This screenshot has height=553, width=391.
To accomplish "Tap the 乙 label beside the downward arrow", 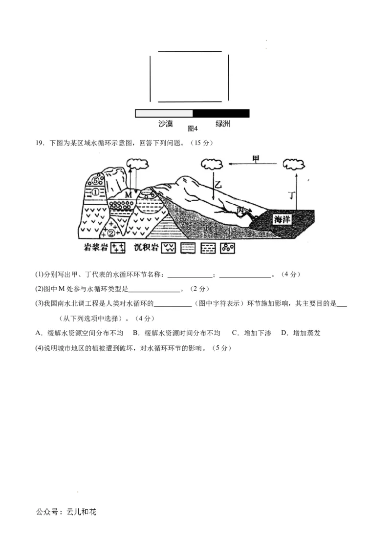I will point(218,184).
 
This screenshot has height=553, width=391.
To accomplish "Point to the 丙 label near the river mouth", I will point(240,210).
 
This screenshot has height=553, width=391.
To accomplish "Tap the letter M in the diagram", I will point(129,194).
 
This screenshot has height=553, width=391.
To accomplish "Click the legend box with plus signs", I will point(118,248).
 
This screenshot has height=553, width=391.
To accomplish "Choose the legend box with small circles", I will point(227,248).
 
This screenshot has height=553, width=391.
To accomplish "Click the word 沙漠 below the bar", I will point(166,124).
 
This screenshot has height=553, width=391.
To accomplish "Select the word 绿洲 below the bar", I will point(222,124).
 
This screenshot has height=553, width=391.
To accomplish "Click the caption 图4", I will point(192,129).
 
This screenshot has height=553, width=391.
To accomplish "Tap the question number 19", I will point(40,143).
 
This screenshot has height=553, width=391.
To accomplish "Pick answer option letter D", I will point(283,333).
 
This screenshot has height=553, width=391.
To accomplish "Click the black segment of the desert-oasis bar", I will point(221,113).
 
